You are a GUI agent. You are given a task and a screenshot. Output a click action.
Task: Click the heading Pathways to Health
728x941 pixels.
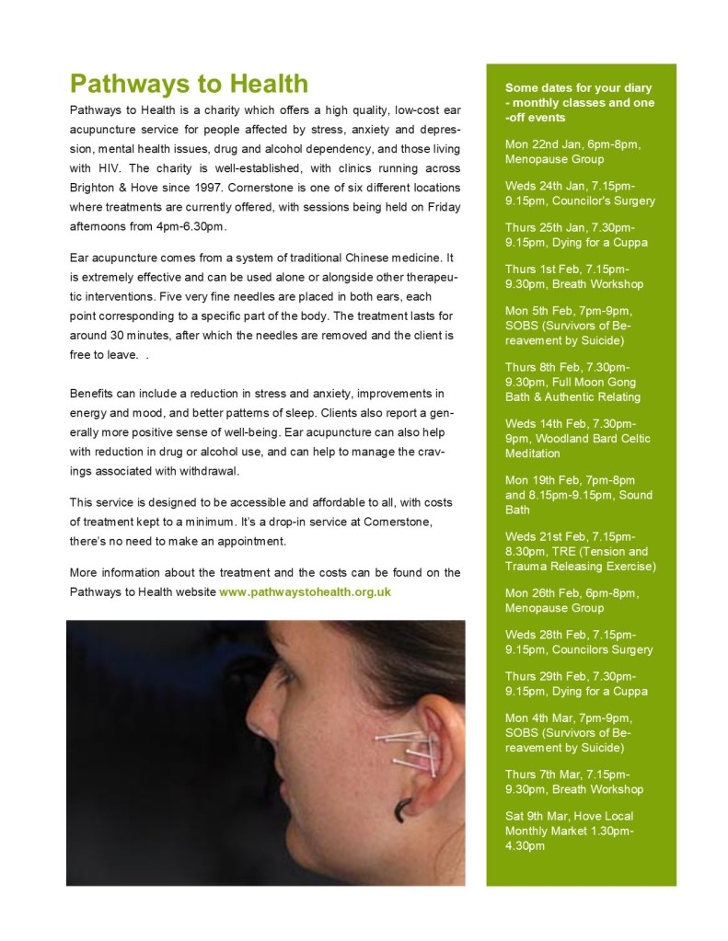point(189,85)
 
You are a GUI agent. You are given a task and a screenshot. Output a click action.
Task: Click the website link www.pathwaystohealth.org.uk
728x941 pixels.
point(305,591)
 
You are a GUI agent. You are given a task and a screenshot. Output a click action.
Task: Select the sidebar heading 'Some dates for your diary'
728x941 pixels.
point(579,102)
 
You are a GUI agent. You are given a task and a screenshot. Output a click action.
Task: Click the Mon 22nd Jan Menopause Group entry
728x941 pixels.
point(572,152)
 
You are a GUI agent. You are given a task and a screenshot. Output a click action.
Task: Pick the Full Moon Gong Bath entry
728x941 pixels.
point(572,382)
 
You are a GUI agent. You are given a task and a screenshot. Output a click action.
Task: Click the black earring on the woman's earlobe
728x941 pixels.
point(403,809)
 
